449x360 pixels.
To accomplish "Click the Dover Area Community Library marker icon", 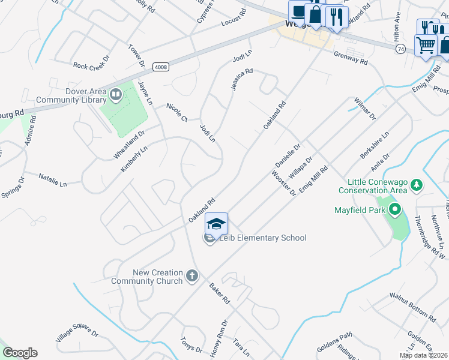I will coord(115,94).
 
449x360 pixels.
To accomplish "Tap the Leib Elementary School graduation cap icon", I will coord(216,224).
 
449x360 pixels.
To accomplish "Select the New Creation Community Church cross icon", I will coord(191,277).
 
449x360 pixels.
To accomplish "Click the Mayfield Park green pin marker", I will coord(394,210).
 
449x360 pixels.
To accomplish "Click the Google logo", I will coord(20,353).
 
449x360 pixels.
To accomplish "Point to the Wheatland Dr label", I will coord(129,145).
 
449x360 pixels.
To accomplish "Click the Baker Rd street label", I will coord(218,292).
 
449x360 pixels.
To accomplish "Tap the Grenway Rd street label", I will coord(351,57).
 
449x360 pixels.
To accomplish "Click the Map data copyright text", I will coord(424,355).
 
